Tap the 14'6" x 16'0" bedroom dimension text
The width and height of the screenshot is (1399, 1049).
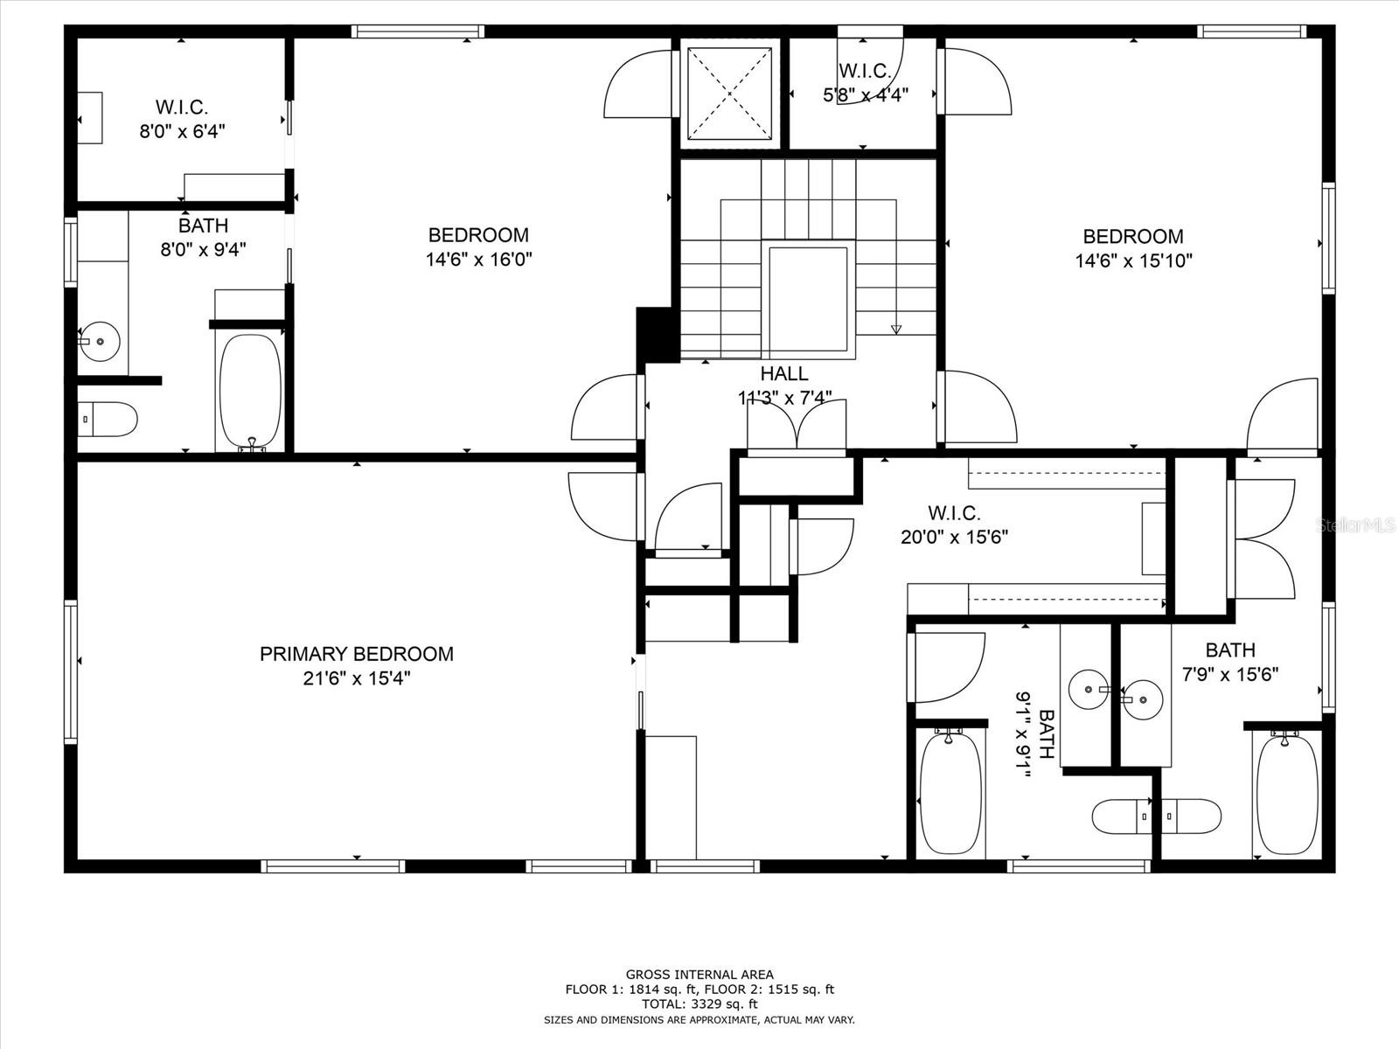[478, 260]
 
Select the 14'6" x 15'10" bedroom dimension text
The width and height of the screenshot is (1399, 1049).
[1133, 261]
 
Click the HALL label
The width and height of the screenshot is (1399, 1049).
[784, 374]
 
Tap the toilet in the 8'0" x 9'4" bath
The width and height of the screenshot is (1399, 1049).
[107, 420]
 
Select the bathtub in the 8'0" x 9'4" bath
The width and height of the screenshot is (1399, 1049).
[251, 391]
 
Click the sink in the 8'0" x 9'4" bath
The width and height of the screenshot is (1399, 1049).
[101, 340]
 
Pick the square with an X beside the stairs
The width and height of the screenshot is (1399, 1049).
[729, 93]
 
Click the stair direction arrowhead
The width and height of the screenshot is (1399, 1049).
[895, 330]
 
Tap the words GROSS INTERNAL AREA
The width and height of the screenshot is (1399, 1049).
[699, 974]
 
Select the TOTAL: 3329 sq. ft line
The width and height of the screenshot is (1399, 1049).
[699, 1004]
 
